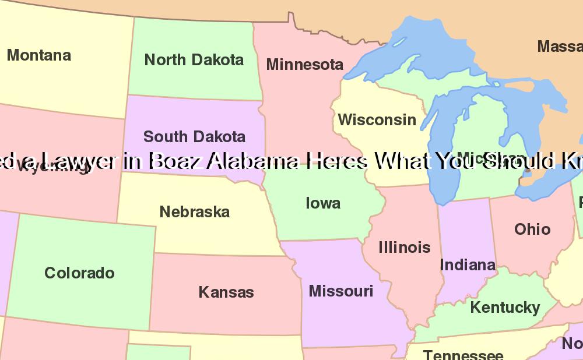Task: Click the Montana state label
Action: click(x=39, y=55)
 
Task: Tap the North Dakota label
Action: click(x=194, y=59)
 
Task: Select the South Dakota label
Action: click(x=194, y=137)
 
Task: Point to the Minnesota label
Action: click(x=304, y=65)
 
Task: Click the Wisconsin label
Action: click(x=377, y=120)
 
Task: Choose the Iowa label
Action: click(x=323, y=203)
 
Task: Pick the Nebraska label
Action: click(x=194, y=212)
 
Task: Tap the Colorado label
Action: click(x=79, y=273)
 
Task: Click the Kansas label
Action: click(x=226, y=292)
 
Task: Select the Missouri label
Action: click(x=340, y=291)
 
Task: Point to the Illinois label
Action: click(x=404, y=248)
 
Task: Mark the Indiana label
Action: click(x=468, y=265)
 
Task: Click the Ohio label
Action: click(x=532, y=229)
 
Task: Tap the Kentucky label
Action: click(x=505, y=307)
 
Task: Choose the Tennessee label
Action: click(x=463, y=354)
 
